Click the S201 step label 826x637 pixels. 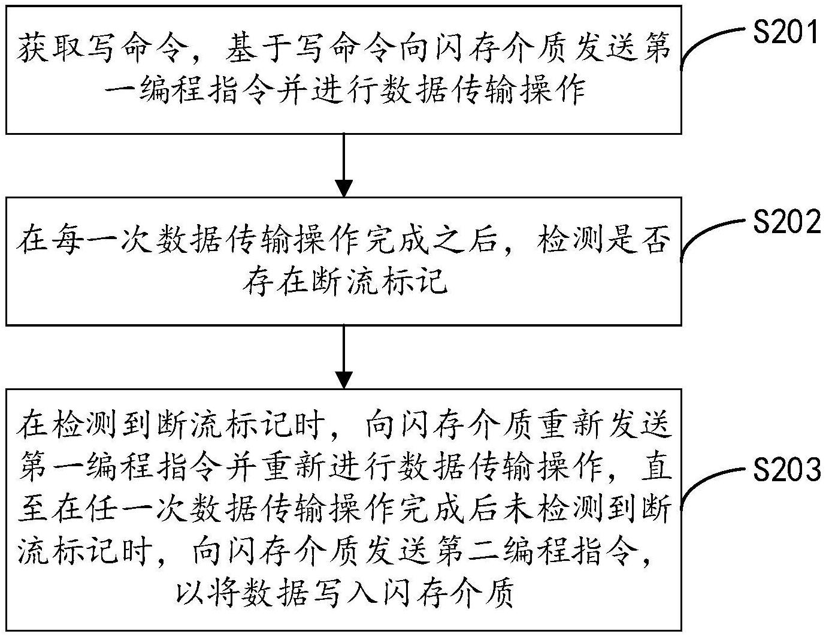point(786,32)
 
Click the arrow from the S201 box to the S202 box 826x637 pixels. point(343,165)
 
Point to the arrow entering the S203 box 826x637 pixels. point(343,357)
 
